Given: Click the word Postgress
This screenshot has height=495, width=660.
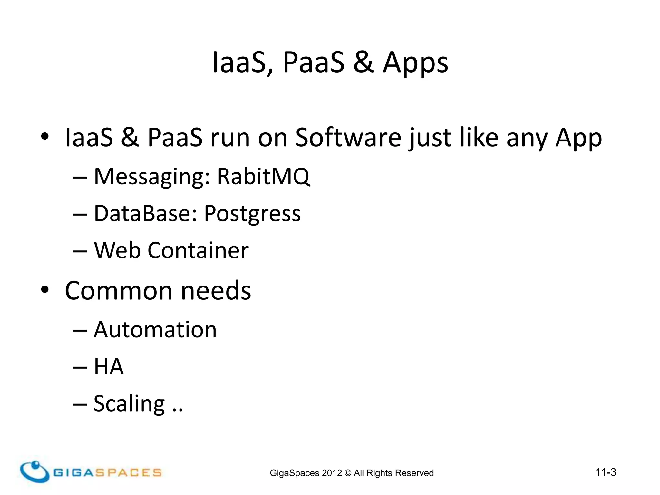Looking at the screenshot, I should point(252,214).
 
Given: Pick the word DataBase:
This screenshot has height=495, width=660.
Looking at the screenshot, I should point(145,213).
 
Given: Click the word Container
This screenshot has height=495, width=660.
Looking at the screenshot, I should point(198,250).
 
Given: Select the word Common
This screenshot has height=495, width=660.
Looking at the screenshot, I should point(119,291).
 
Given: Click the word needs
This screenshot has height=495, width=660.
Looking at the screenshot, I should point(216,291).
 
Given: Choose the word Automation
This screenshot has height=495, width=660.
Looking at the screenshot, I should point(155,330).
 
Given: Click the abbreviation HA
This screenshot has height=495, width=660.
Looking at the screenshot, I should point(109,367).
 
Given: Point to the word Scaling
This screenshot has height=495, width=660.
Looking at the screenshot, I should point(129,403).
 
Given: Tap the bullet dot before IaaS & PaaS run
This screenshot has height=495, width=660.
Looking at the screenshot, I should point(45,137).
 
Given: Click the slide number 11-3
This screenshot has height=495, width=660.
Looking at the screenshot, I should point(606,472).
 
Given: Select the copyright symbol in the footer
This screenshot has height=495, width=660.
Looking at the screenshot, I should point(348,473).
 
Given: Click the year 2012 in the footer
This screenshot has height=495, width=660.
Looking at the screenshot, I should point(332,473).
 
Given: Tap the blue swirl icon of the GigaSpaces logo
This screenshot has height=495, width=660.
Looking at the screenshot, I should point(34,471).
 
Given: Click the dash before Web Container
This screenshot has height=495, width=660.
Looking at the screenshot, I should point(80,251).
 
